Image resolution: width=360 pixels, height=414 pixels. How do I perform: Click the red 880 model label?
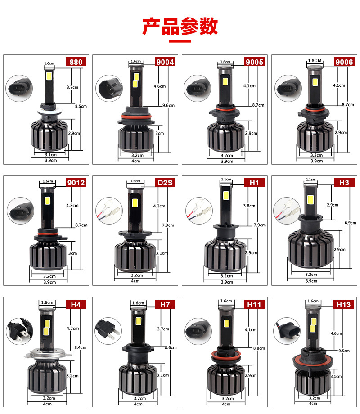coord(76,62)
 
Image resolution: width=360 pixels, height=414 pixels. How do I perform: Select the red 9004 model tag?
coord(165,62)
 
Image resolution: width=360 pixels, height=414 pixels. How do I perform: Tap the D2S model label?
coord(165,183)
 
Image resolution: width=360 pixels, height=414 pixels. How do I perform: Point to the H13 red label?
coord(344,305)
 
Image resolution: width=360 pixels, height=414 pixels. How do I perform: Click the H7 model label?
coord(165,305)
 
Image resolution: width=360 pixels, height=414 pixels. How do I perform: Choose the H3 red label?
coord(344,183)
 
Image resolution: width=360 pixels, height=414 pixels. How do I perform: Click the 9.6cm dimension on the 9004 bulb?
coord(168,105)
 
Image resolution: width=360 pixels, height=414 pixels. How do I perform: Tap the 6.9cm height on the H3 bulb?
coord(351,223)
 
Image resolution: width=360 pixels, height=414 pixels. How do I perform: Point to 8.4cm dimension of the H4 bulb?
coord(81,347)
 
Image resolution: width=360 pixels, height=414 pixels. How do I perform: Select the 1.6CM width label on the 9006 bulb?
coord(315,60)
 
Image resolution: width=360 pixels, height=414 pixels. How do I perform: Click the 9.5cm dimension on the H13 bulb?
coord(344,351)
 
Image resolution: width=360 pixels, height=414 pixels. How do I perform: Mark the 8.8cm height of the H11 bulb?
coord(259,348)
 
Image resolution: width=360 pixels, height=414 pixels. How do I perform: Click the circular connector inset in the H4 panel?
coord(19,331)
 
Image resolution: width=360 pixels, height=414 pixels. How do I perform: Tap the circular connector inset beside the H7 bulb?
coord(108,331)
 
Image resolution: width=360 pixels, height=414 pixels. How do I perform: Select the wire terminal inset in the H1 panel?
coord(199,211)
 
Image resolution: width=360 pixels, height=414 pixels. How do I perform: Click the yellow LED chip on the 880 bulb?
coord(49,76)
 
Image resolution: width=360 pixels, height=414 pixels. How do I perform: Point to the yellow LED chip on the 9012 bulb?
coord(48,200)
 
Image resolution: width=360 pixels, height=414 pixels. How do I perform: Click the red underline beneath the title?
coord(180,41)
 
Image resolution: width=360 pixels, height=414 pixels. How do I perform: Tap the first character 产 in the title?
coord(152,27)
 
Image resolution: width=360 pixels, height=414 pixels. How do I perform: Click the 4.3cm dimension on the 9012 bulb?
coord(72,205)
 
